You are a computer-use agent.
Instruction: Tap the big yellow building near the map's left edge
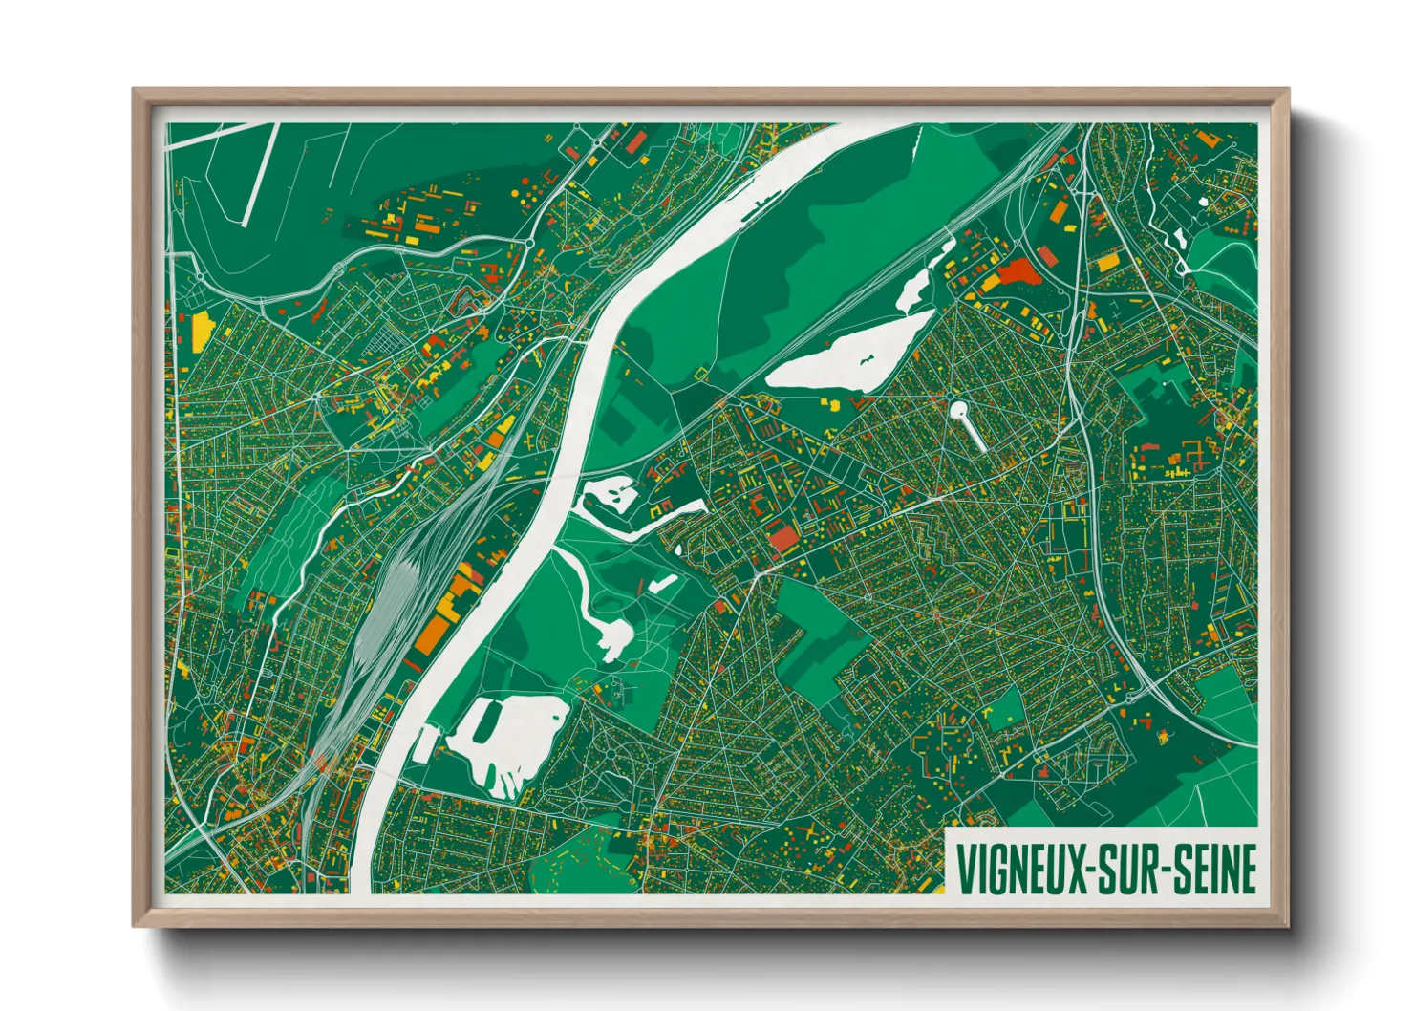coord(200,331)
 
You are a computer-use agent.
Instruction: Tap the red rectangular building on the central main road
coord(782,537)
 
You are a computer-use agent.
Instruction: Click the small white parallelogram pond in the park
coord(661,584)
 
